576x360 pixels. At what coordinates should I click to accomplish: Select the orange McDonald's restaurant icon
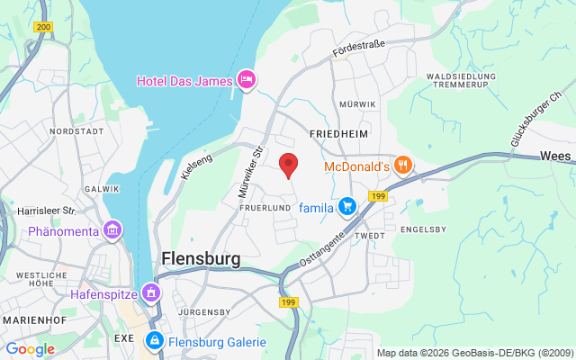(403, 166)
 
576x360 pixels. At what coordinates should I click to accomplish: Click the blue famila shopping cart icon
(347, 208)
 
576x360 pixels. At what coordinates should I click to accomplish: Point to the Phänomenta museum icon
(112, 231)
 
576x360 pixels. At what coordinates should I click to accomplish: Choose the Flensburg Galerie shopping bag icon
(154, 341)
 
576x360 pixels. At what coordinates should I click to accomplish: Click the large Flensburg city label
(201, 259)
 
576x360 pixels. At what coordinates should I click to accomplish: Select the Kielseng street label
(196, 164)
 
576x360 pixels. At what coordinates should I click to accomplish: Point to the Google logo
(30, 349)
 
